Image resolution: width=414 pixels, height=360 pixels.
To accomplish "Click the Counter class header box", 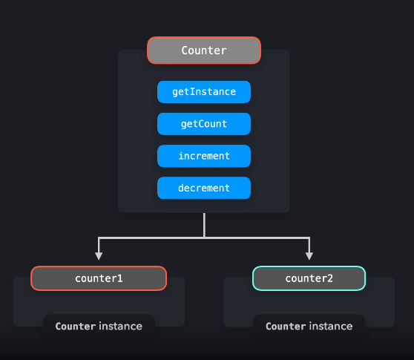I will coord(204,50).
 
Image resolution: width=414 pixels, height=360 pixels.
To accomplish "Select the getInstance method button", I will coord(204,92).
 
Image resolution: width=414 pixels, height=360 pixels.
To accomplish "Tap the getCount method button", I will coord(204,124).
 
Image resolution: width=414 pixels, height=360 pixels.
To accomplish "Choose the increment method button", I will coord(204,156).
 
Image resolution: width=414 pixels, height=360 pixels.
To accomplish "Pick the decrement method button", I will coord(204,188).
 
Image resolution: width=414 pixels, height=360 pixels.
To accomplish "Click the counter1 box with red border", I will coord(99,278).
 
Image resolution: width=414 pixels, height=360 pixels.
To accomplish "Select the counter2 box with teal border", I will coord(309,278).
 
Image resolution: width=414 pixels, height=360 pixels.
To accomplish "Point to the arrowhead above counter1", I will coord(99,255).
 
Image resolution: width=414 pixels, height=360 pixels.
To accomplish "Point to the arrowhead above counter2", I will coord(309,255).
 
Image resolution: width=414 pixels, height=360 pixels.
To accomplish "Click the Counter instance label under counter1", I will coord(99,326).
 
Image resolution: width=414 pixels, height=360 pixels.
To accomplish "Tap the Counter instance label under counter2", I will coord(309,326).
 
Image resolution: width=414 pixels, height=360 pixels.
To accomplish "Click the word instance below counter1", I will coord(120,326).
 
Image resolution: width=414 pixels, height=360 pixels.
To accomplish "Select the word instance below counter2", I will coord(331,326).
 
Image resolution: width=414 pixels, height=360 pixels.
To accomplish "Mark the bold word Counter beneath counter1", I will coord(76,326).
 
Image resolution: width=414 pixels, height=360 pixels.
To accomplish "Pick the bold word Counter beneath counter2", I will coord(286,326).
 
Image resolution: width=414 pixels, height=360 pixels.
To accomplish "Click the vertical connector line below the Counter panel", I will coord(204,225).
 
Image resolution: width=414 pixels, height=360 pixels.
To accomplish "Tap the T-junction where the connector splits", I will coord(204,238).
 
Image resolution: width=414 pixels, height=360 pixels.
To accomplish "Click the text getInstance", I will coord(204,92).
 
